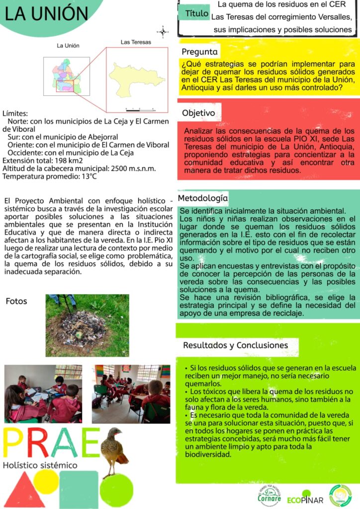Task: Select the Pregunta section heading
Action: coord(199,52)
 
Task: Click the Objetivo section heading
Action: coord(198,113)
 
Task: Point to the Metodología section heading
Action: coord(204,198)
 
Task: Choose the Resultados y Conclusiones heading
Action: coord(235,345)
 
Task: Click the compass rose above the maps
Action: coord(163,32)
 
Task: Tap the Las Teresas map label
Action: coord(133,42)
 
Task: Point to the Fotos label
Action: coord(16,301)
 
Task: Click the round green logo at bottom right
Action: coord(340,495)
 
